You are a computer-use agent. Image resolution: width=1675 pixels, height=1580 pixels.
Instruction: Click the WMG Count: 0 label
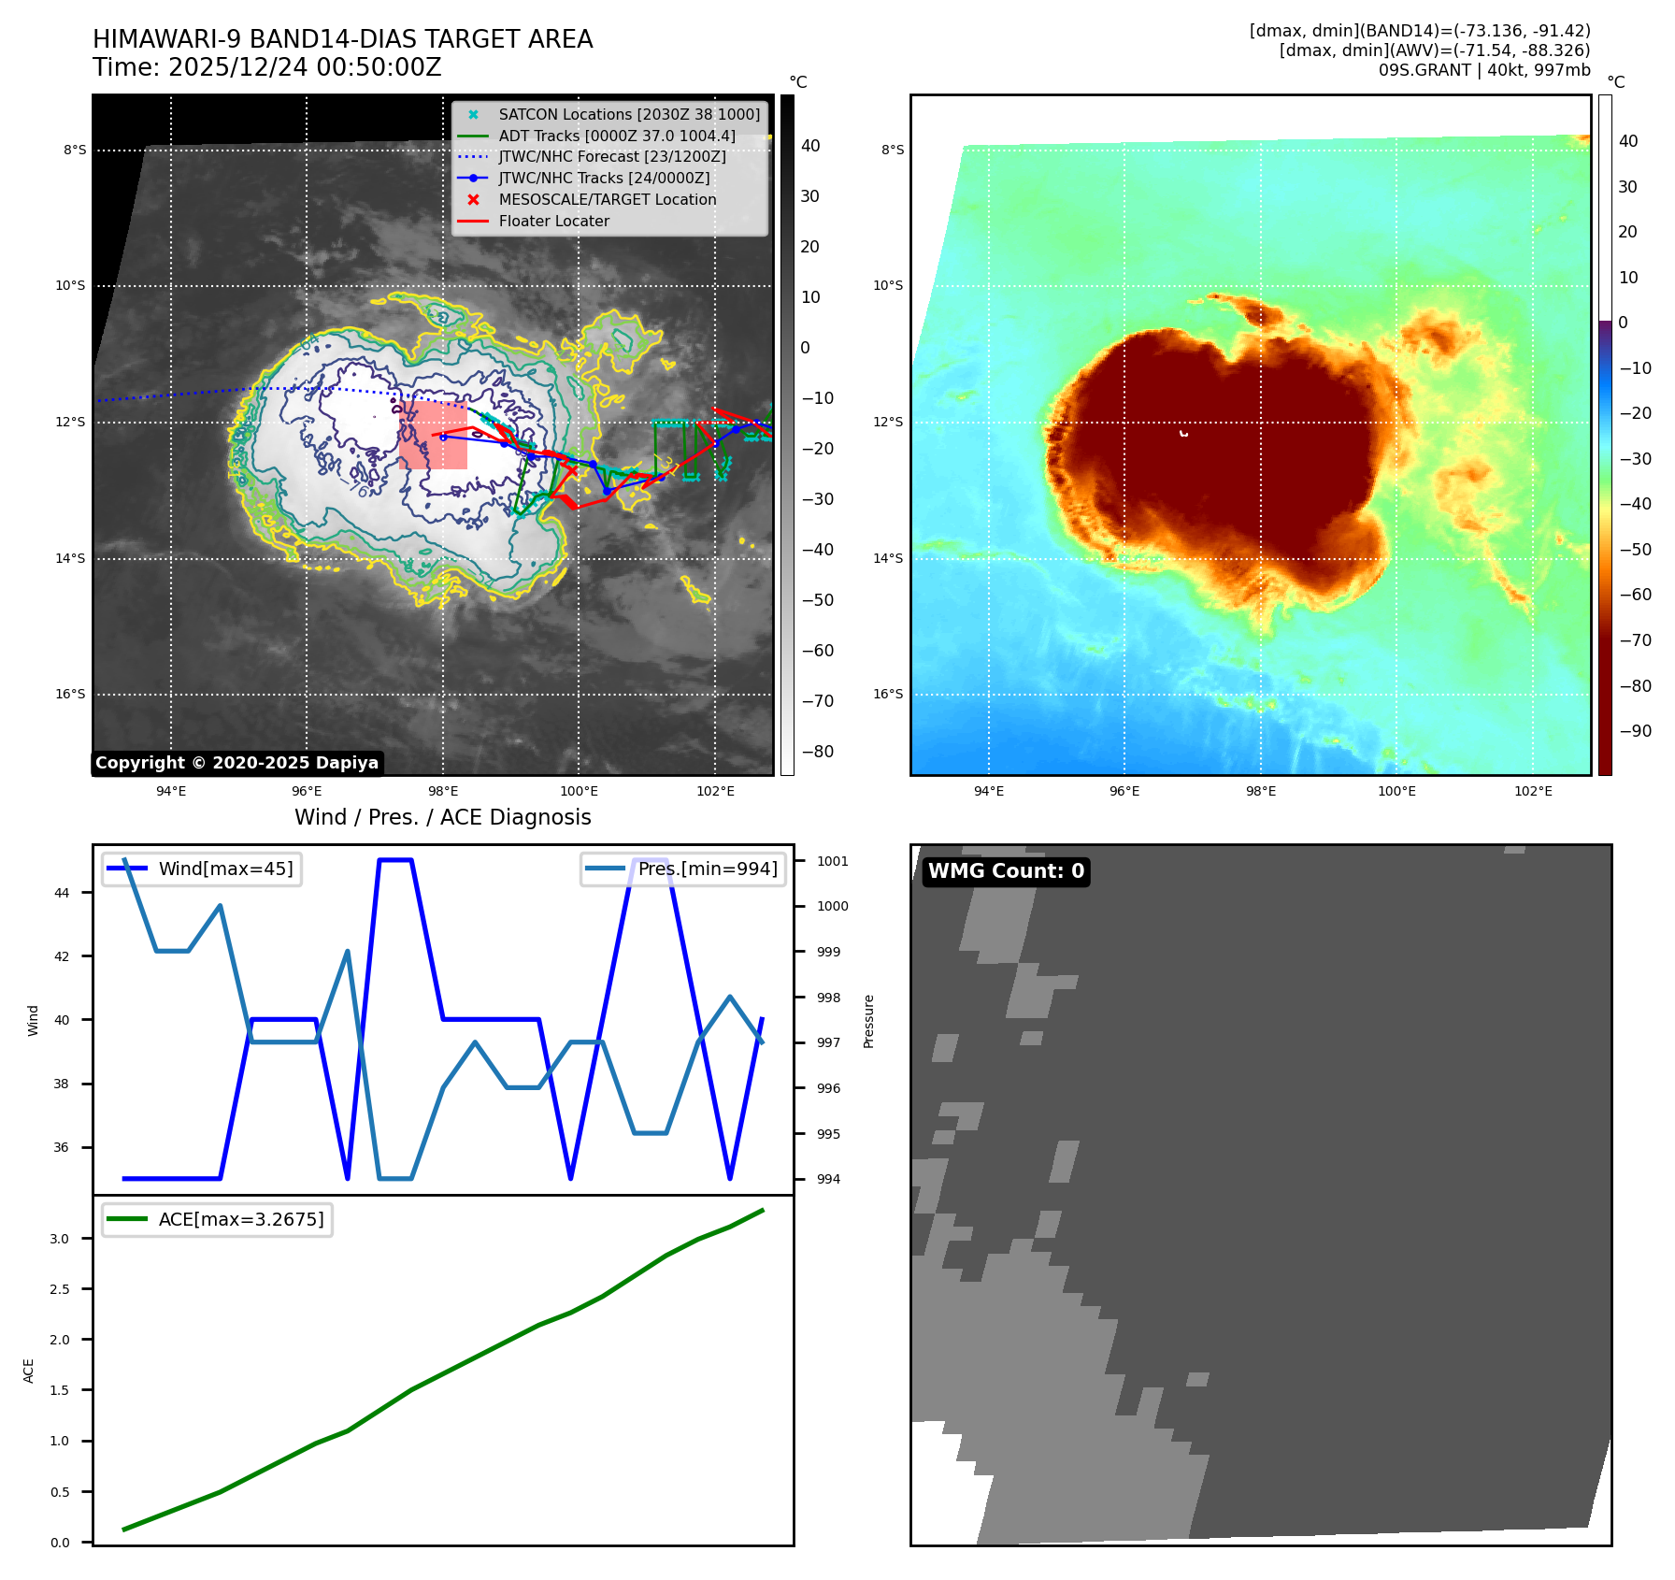(1006, 871)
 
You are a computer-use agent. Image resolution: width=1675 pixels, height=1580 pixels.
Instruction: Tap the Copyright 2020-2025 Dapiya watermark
(236, 763)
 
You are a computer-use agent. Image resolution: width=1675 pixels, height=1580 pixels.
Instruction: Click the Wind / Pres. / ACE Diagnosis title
(443, 817)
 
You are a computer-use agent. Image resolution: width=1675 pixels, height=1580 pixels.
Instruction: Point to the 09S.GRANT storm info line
(1484, 70)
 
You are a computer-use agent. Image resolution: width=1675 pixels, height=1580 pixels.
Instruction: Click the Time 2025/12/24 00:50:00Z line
(267, 67)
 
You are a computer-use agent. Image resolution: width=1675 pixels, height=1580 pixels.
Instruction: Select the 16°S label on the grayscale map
(70, 694)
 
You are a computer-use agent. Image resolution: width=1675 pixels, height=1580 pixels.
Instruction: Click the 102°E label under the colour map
(1533, 791)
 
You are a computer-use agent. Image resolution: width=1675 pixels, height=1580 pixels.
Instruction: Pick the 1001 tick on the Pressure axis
(832, 861)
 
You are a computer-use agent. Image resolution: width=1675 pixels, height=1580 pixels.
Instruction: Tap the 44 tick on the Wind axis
(62, 893)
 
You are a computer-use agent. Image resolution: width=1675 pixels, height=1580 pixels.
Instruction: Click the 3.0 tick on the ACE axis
(59, 1239)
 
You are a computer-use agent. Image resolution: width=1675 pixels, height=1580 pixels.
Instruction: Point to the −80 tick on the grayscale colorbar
(817, 752)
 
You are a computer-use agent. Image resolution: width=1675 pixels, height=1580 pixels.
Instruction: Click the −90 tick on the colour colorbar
(1635, 731)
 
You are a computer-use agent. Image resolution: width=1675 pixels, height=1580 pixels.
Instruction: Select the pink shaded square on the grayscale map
(433, 436)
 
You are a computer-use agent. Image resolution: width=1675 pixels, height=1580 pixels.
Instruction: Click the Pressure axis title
(868, 1021)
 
